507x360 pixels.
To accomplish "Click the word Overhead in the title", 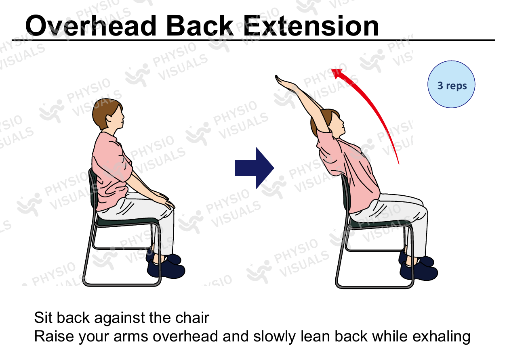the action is [x=90, y=26].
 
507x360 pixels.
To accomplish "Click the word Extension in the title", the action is [x=311, y=26].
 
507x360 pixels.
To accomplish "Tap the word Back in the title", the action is [x=200, y=26].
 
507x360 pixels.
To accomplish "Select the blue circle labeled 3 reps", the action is [x=451, y=84].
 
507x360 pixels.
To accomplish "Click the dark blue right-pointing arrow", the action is [x=255, y=168].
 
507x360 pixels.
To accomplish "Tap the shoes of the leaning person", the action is [x=418, y=266].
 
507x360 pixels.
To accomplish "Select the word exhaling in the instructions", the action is [x=442, y=337].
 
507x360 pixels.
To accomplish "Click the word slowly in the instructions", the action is [x=274, y=337].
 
